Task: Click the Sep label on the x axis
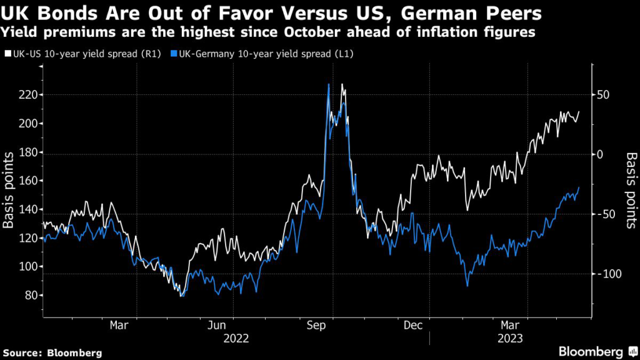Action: point(315,325)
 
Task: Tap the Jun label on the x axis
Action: point(216,325)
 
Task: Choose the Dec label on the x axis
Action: point(413,325)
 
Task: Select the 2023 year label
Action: point(511,338)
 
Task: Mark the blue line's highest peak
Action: point(328,84)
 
